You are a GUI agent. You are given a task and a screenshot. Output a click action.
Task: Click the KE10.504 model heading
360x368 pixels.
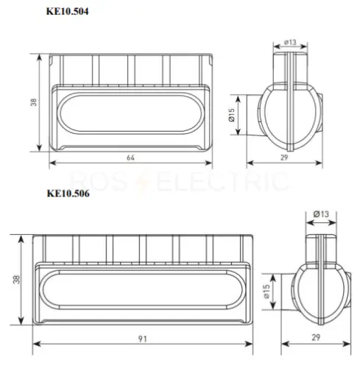pos(67,11)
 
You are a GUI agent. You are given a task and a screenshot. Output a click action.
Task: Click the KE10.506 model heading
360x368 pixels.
pos(68,194)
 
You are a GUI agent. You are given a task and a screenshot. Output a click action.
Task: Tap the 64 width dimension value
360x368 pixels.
pos(130,158)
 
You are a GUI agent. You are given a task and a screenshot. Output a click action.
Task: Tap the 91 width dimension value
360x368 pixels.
pos(143,339)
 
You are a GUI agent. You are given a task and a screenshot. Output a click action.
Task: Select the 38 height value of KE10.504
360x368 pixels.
pos(33,102)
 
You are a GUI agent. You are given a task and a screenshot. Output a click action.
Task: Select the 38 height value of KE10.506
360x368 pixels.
pos(16,280)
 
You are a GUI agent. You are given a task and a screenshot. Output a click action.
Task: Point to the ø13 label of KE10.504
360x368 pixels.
pos(290,43)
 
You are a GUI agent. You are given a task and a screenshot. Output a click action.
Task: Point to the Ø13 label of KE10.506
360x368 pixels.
pos(321,214)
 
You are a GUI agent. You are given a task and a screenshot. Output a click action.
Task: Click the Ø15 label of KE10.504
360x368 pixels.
pos(231,115)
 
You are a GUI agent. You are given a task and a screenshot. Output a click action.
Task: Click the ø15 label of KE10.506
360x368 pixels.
pos(267,291)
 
